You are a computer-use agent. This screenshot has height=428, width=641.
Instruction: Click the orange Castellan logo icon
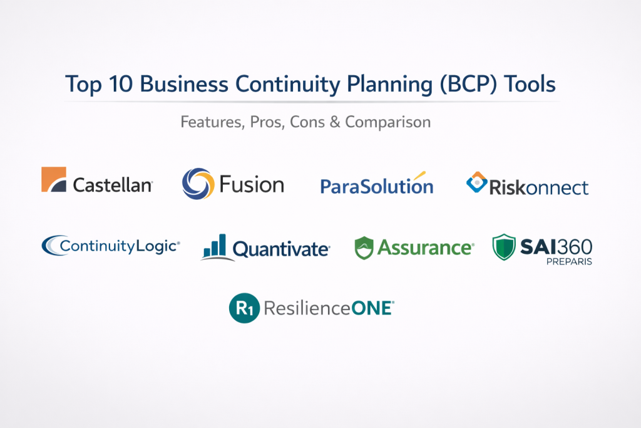(54, 179)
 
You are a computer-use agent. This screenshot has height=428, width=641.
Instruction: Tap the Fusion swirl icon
(198, 184)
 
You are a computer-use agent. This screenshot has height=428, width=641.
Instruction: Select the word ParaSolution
(376, 186)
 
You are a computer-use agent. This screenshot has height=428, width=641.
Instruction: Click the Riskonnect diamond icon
(476, 182)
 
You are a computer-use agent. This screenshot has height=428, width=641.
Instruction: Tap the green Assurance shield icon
(364, 248)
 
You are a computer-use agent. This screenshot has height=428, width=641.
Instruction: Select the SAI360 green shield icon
(504, 247)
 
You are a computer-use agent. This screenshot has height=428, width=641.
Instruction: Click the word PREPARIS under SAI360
(569, 261)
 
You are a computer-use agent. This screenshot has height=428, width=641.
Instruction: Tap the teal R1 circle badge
(245, 308)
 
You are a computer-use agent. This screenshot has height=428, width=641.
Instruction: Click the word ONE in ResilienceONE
(372, 308)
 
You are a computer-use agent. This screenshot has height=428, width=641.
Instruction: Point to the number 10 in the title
(121, 84)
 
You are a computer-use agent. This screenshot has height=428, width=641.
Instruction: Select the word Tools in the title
(530, 84)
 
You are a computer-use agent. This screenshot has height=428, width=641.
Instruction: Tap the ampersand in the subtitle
(335, 122)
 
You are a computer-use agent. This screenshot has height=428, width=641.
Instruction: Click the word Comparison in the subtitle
(387, 122)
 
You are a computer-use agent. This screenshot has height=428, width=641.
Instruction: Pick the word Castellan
(113, 185)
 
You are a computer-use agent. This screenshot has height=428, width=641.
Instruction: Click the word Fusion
(252, 184)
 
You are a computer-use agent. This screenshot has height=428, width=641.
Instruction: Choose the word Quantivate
(281, 249)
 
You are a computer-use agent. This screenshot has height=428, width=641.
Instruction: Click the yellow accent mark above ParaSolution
(419, 175)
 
